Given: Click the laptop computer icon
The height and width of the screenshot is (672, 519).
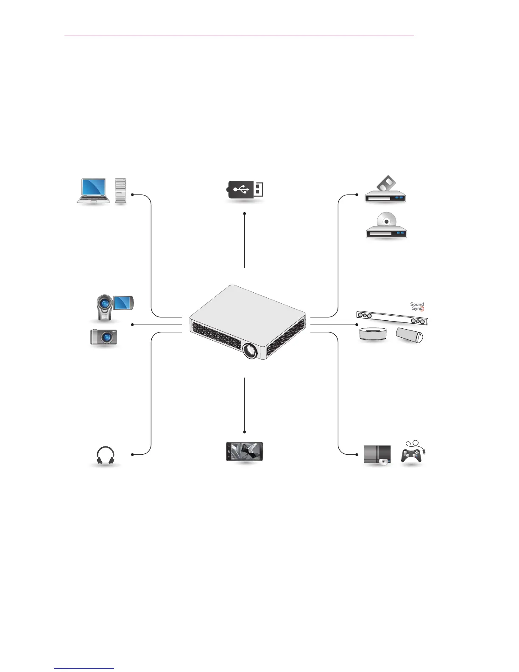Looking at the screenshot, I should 94,191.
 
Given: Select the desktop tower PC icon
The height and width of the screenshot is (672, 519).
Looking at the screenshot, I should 121,190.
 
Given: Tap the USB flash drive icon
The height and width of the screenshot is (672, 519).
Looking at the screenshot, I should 246,190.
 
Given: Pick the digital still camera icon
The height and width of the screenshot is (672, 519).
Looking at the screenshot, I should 103,337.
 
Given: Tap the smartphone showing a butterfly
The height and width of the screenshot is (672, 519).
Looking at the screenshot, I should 245,451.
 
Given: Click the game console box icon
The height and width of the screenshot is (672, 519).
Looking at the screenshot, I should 377,456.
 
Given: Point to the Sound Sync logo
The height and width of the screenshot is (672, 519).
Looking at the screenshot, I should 417,306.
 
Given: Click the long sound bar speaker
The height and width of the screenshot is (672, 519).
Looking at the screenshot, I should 392,318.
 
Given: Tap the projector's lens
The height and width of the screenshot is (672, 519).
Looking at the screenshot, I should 250,351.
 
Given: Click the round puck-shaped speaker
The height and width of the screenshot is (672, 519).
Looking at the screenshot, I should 373,333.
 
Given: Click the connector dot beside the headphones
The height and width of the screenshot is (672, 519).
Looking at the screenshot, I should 133,454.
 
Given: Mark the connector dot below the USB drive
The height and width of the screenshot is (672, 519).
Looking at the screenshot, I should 245,213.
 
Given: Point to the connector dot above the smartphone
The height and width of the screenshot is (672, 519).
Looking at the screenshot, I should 245,432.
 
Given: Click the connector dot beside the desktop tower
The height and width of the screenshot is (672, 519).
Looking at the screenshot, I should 133,195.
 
